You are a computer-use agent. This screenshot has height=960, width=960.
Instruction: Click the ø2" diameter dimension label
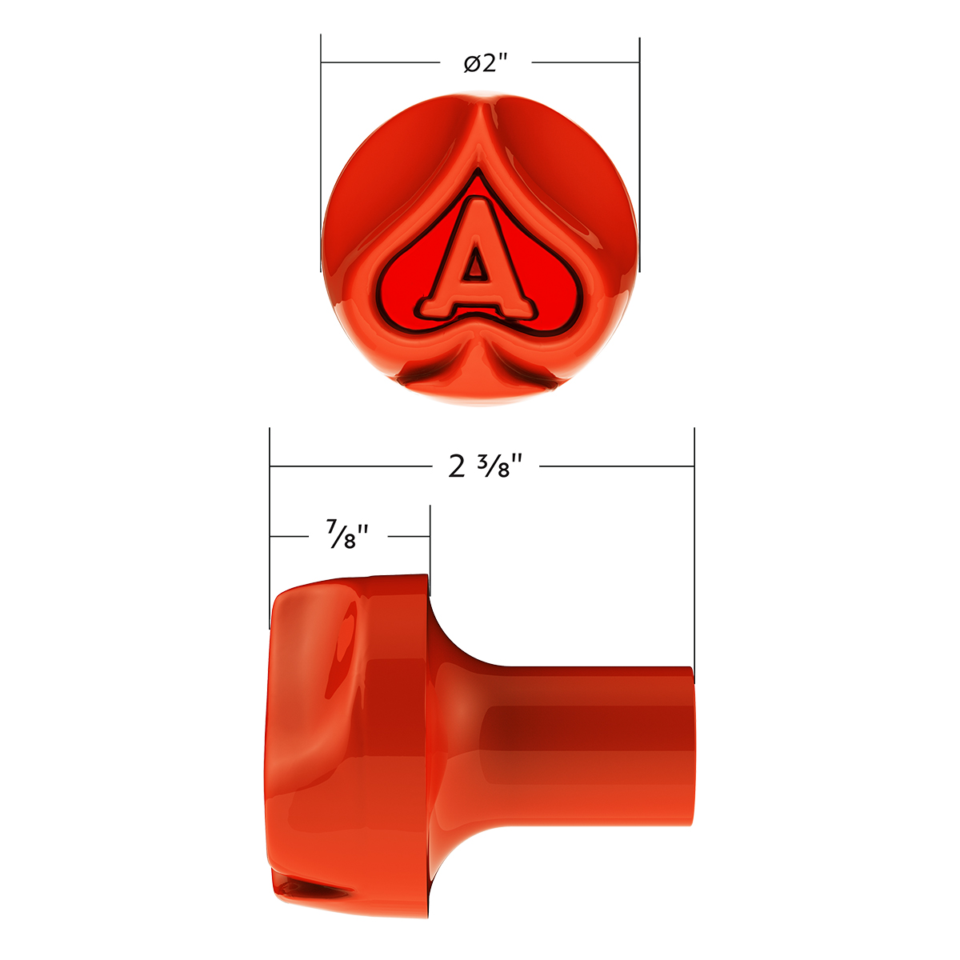tap(486, 63)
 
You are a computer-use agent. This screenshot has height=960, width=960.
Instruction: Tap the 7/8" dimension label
tap(346, 535)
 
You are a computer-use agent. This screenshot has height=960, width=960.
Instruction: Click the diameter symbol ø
tap(472, 64)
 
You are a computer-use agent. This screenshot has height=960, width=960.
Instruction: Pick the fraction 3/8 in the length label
tap(500, 466)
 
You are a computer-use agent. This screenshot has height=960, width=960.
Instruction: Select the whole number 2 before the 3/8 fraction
tap(457, 466)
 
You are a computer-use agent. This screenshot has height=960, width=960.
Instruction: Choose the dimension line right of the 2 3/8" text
tap(616, 465)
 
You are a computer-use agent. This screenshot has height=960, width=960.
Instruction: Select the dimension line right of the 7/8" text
tap(410, 535)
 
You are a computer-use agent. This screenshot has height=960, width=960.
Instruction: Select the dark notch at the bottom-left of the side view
tap(316, 886)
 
